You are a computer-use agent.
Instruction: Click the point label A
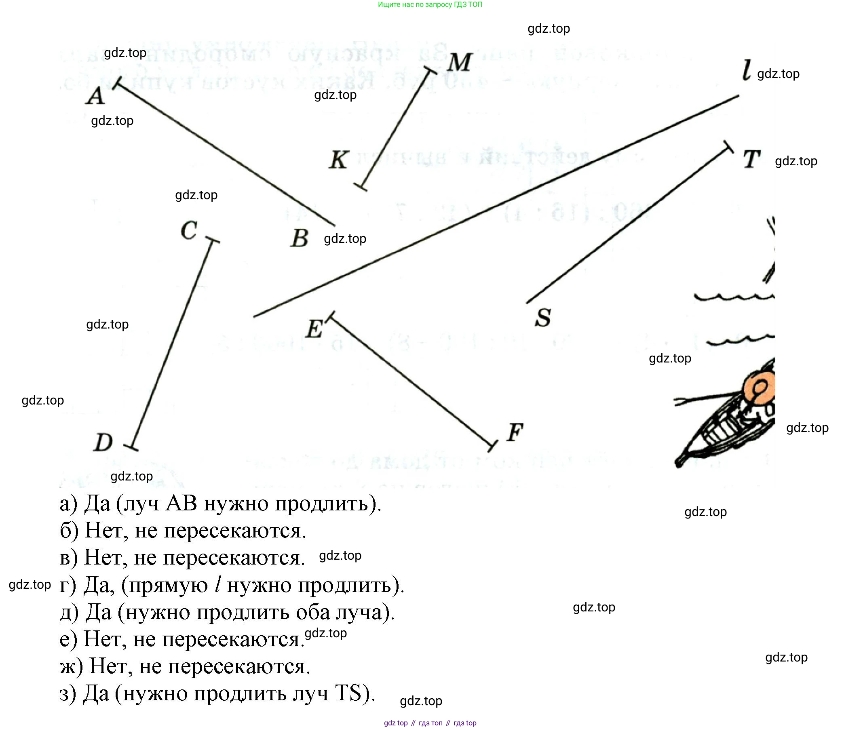95,96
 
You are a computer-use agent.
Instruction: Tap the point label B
300,238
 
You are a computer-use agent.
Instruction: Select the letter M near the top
460,63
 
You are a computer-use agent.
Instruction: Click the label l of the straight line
746,70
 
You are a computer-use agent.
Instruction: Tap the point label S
543,318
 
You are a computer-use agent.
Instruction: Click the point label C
189,230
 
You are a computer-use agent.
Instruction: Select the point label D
103,442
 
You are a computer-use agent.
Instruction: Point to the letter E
314,329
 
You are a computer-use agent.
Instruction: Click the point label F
515,432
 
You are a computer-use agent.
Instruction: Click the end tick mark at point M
431,71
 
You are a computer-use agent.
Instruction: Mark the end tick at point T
728,147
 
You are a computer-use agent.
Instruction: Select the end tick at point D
131,447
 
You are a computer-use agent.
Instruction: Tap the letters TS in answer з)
348,693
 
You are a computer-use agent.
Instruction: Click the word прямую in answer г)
168,585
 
